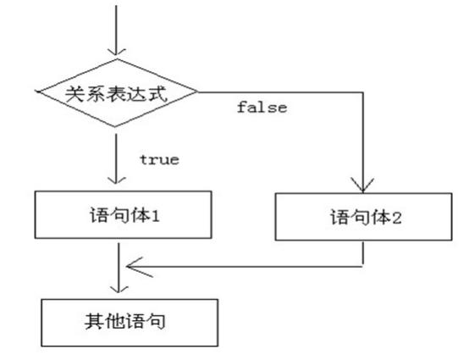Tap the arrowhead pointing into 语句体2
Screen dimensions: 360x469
363,186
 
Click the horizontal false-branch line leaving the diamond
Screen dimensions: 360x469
279,91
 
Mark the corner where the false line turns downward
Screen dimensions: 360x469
363,91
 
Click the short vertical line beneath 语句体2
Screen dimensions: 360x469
363,252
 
